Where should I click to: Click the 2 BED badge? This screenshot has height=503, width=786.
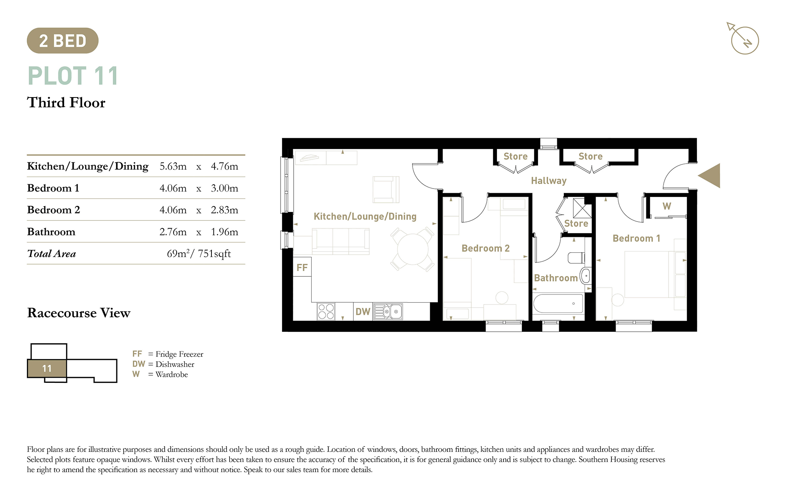[x=63, y=41]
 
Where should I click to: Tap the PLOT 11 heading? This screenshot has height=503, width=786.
[x=73, y=76]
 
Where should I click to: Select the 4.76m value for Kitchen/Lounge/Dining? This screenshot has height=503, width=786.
[x=225, y=166]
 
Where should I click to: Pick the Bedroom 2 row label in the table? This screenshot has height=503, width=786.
[x=54, y=210]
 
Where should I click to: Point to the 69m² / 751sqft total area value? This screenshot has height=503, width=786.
[x=199, y=253]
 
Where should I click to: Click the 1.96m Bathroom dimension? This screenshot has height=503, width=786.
[x=225, y=232]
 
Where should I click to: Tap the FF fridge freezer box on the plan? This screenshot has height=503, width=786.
[x=302, y=268]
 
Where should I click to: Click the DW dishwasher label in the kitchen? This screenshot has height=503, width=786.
[x=363, y=311]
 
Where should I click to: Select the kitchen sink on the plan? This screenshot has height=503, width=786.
[x=388, y=311]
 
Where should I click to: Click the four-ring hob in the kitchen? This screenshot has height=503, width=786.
[x=326, y=311]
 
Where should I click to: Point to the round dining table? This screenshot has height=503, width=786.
[x=413, y=249]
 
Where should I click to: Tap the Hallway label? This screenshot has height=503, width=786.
[x=549, y=181]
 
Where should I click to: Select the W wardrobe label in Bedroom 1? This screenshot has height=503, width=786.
[x=667, y=206]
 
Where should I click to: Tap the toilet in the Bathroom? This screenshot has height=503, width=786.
[x=576, y=258]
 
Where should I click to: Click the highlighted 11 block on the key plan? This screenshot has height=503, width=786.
[x=47, y=369]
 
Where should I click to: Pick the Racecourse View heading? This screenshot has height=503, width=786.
[x=79, y=313]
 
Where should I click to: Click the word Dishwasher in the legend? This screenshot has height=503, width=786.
[x=175, y=364]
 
